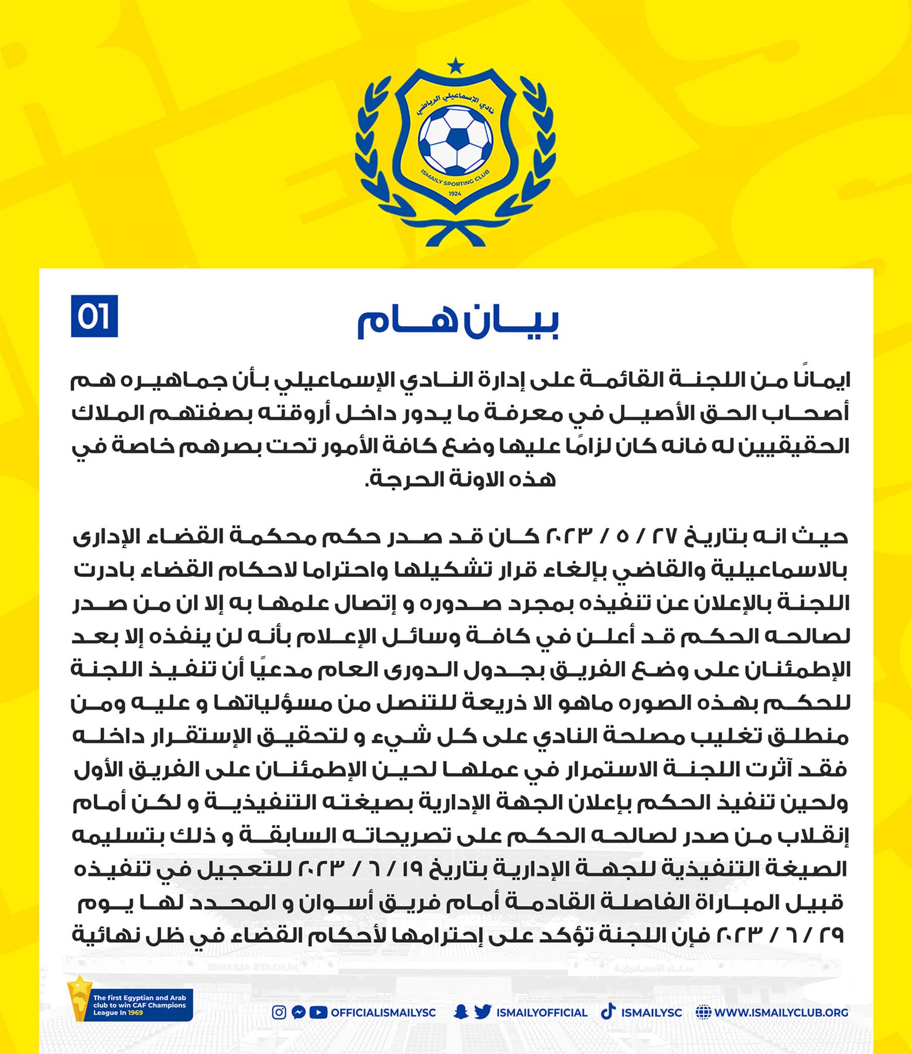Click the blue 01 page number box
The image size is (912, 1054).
[94, 316]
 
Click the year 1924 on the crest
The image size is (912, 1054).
[455, 193]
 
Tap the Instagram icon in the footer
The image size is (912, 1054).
[279, 1012]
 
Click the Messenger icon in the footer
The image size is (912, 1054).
[298, 1012]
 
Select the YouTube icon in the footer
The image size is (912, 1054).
[318, 1012]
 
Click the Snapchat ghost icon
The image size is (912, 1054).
[461, 1012]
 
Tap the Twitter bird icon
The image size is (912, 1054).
[482, 1012]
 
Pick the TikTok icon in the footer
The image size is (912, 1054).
[608, 1011]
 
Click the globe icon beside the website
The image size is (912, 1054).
[703, 1012]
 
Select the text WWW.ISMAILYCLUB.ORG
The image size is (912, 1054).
[781, 1012]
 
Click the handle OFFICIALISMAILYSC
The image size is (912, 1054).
[383, 1012]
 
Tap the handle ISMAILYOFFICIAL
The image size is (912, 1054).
[542, 1012]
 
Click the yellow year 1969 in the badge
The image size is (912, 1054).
[136, 1012]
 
